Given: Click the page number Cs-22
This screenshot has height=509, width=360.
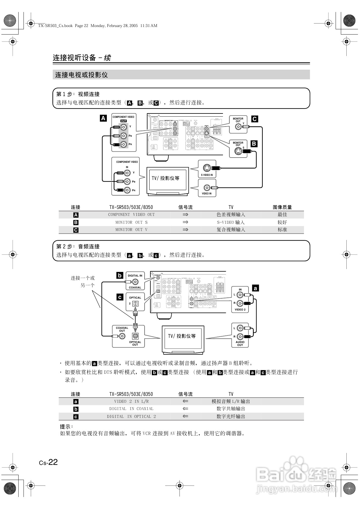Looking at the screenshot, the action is click(48, 462).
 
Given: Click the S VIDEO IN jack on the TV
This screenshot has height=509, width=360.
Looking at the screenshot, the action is click(207, 168).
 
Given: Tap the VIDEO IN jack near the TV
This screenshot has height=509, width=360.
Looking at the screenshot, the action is click(207, 188).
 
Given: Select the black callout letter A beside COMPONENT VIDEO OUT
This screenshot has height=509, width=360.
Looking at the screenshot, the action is click(103, 118).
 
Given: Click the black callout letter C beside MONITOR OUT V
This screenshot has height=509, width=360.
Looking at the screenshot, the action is click(255, 119).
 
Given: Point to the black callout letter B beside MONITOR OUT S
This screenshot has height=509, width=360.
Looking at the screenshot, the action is click(254, 144).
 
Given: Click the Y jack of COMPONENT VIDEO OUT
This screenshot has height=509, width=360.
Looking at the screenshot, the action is click(124, 127).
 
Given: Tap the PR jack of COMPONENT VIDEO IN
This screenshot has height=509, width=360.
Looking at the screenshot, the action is click(127, 190).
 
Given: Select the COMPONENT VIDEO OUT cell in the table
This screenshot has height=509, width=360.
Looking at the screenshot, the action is click(131, 215).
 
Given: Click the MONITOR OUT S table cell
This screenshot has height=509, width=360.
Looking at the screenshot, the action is click(131, 222).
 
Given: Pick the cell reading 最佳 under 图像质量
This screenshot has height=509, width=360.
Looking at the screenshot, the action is click(282, 215).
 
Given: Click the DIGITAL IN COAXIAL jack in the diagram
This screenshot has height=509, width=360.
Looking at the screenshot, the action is click(135, 282).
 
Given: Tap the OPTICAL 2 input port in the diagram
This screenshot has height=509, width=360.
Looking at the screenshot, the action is click(135, 304).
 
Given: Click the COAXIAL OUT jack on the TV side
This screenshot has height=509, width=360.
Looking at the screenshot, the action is click(122, 336).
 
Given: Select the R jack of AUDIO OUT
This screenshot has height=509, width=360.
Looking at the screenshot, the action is click(240, 337).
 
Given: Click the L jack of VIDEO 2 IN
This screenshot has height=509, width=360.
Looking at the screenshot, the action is click(240, 295).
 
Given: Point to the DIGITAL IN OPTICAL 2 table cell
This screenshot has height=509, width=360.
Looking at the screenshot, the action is click(131, 416).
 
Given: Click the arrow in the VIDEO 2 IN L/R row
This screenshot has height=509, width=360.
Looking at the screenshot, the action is click(186, 401).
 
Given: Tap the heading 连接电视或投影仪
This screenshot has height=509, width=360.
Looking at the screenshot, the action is click(82, 75).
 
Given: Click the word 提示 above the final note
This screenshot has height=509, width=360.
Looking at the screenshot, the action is click(66, 427).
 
